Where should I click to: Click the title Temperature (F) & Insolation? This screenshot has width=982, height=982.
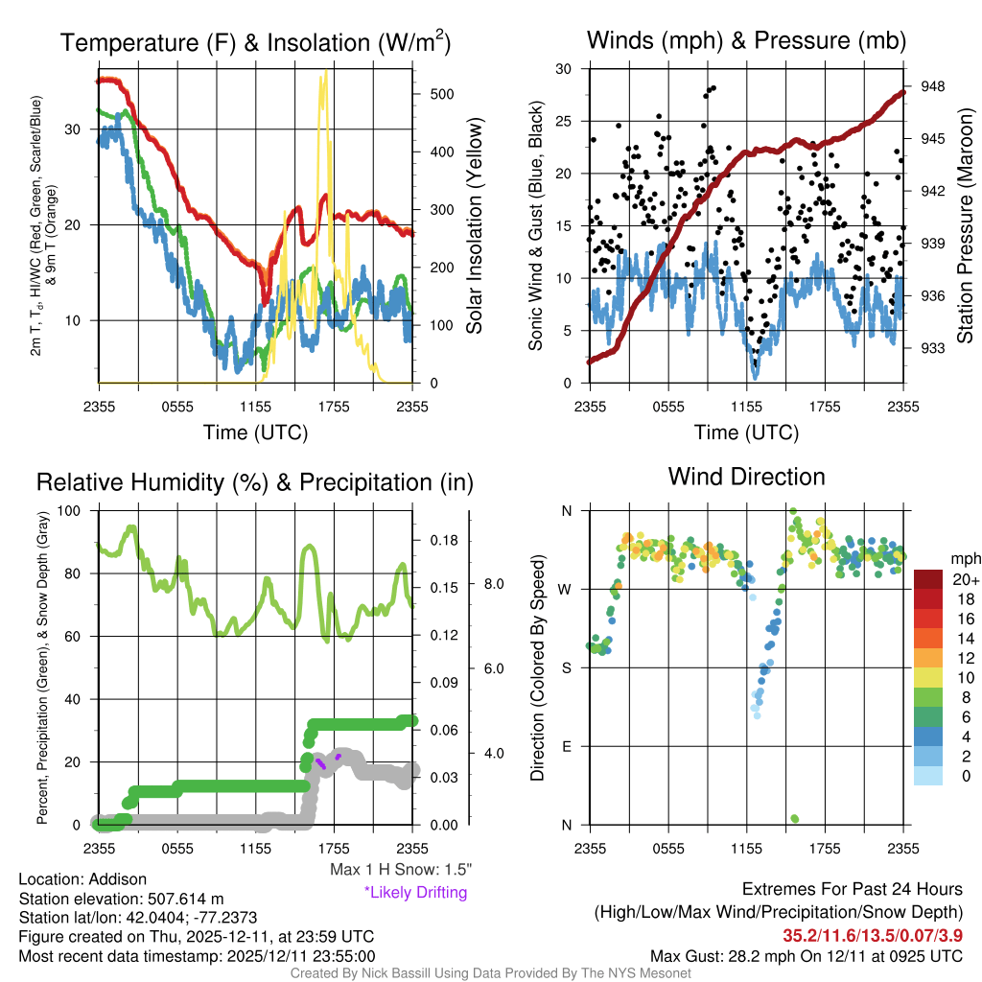pos(255,43)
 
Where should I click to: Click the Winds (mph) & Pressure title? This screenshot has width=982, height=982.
pos(746,40)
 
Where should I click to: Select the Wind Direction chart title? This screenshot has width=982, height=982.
pos(746,477)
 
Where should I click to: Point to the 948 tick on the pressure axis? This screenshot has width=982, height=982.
pos(933,86)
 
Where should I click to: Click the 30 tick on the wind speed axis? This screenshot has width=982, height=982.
pos(564,69)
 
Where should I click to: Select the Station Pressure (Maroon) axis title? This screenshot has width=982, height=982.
pos(966,226)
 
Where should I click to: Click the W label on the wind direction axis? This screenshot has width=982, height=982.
pos(566,589)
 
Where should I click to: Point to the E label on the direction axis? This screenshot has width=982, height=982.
pos(567,746)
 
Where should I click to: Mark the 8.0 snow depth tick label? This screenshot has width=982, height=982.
pos(493,583)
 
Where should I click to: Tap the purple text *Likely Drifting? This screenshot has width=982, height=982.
pos(415,892)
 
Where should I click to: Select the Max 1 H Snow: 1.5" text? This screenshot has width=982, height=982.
pos(400,870)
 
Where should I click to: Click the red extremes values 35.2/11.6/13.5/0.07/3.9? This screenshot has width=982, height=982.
pos(874,934)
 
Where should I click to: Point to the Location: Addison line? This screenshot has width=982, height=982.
pos(82,879)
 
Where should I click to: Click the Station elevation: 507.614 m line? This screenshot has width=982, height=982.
pos(121,899)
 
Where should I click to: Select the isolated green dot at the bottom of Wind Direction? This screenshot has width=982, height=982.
pos(795,818)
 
